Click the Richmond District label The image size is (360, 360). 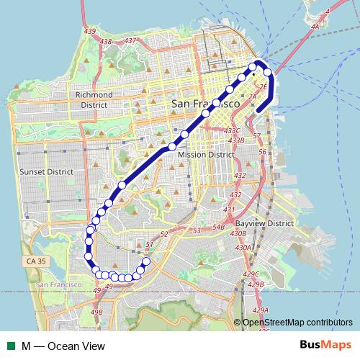click(x=92, y=99)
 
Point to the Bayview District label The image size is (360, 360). click(x=264, y=223)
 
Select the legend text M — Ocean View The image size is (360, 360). click(x=63, y=346)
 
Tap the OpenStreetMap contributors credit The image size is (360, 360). click(x=297, y=323)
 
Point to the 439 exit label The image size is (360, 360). click(x=89, y=53)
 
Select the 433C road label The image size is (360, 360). click(x=232, y=130)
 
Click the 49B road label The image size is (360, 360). click(x=97, y=312)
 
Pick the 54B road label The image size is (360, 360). click(x=219, y=227)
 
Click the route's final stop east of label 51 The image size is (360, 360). click(x=146, y=261)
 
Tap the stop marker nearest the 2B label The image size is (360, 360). click(x=269, y=73)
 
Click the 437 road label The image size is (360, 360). click(x=130, y=41)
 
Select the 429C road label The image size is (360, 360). click(x=251, y=274)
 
